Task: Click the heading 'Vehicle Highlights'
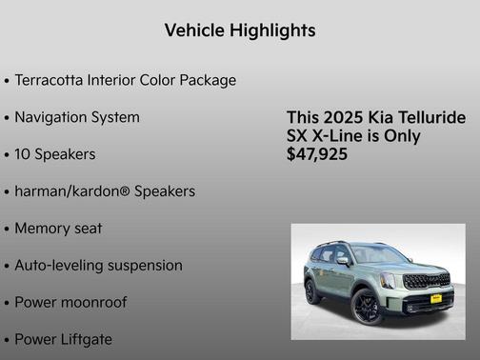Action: (x=240, y=30)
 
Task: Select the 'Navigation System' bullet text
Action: (x=77, y=117)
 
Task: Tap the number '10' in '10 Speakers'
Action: (x=25, y=154)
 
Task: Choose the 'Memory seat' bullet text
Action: (x=58, y=229)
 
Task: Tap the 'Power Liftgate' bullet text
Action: (x=63, y=339)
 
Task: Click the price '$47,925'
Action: (x=317, y=154)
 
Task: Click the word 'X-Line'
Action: (x=341, y=135)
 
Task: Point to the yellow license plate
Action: (x=437, y=298)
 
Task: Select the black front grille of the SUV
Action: (x=425, y=281)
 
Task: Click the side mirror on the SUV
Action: (x=344, y=261)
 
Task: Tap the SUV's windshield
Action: (x=378, y=255)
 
